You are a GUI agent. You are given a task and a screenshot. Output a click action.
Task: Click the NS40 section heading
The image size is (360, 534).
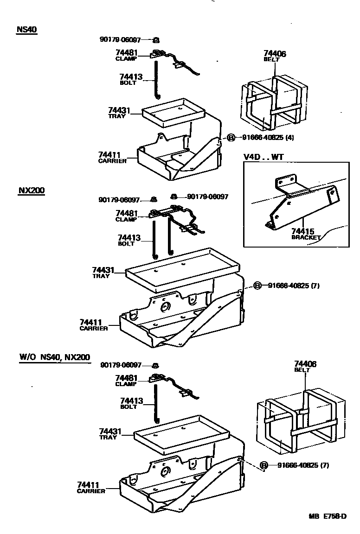tap(26, 29)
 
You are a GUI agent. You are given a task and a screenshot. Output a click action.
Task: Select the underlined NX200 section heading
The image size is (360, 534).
tap(32, 191)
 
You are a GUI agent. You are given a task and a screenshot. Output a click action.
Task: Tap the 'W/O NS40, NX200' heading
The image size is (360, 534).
tap(54, 357)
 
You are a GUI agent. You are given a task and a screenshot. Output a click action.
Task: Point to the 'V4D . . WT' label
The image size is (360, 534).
tap(263, 157)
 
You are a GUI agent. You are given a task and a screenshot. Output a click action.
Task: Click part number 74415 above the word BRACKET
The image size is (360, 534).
tap(302, 231)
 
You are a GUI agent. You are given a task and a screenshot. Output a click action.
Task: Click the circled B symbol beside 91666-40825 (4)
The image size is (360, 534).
tap(230, 138)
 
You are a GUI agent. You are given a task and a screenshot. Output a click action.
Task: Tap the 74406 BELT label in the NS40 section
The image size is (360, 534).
tap(275, 56)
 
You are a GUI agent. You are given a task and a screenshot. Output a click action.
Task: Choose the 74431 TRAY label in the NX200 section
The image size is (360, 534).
tap(103, 272)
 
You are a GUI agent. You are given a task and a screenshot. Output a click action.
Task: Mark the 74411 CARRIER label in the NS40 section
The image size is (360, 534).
tap(112, 157)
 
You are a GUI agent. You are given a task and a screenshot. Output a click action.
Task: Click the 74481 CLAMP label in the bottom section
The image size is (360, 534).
tap(126, 380)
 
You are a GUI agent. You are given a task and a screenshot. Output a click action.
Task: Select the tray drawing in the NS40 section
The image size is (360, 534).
tap(174, 113)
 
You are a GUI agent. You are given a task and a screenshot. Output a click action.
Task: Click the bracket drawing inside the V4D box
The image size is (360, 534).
tap(297, 199)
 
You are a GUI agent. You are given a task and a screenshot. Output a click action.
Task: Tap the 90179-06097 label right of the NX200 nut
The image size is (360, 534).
tap(207, 197)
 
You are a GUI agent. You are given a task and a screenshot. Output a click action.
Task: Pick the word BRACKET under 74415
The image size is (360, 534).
tap(306, 237)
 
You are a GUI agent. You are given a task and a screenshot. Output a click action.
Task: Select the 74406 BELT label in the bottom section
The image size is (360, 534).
tap(305, 367)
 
